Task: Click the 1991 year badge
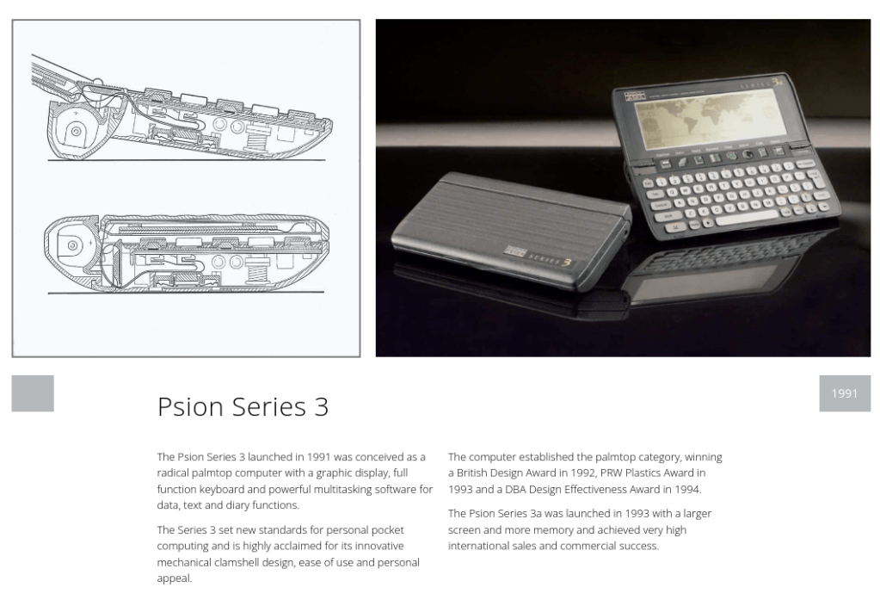click(x=845, y=393)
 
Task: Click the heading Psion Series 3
click(x=243, y=406)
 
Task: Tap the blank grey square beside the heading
click(x=33, y=393)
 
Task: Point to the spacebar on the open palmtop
click(x=749, y=218)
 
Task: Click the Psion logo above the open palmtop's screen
click(x=635, y=96)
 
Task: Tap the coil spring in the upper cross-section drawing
click(x=256, y=137)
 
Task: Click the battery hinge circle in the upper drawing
click(x=75, y=132)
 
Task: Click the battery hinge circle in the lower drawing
click(x=73, y=245)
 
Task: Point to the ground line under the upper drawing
click(x=187, y=161)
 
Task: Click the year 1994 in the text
click(x=687, y=489)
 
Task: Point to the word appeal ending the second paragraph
click(x=173, y=579)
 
